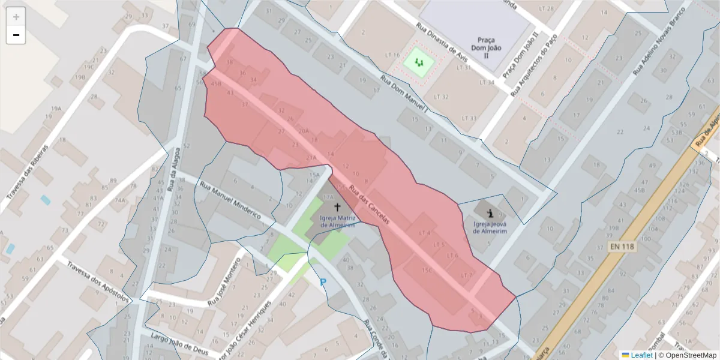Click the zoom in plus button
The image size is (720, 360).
16,17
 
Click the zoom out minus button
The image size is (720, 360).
16,35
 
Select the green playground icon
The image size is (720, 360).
419,61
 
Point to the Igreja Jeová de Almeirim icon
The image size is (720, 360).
491,212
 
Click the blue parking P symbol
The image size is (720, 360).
323,282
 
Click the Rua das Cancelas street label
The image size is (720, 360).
369,204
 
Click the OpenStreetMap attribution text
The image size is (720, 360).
688,355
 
